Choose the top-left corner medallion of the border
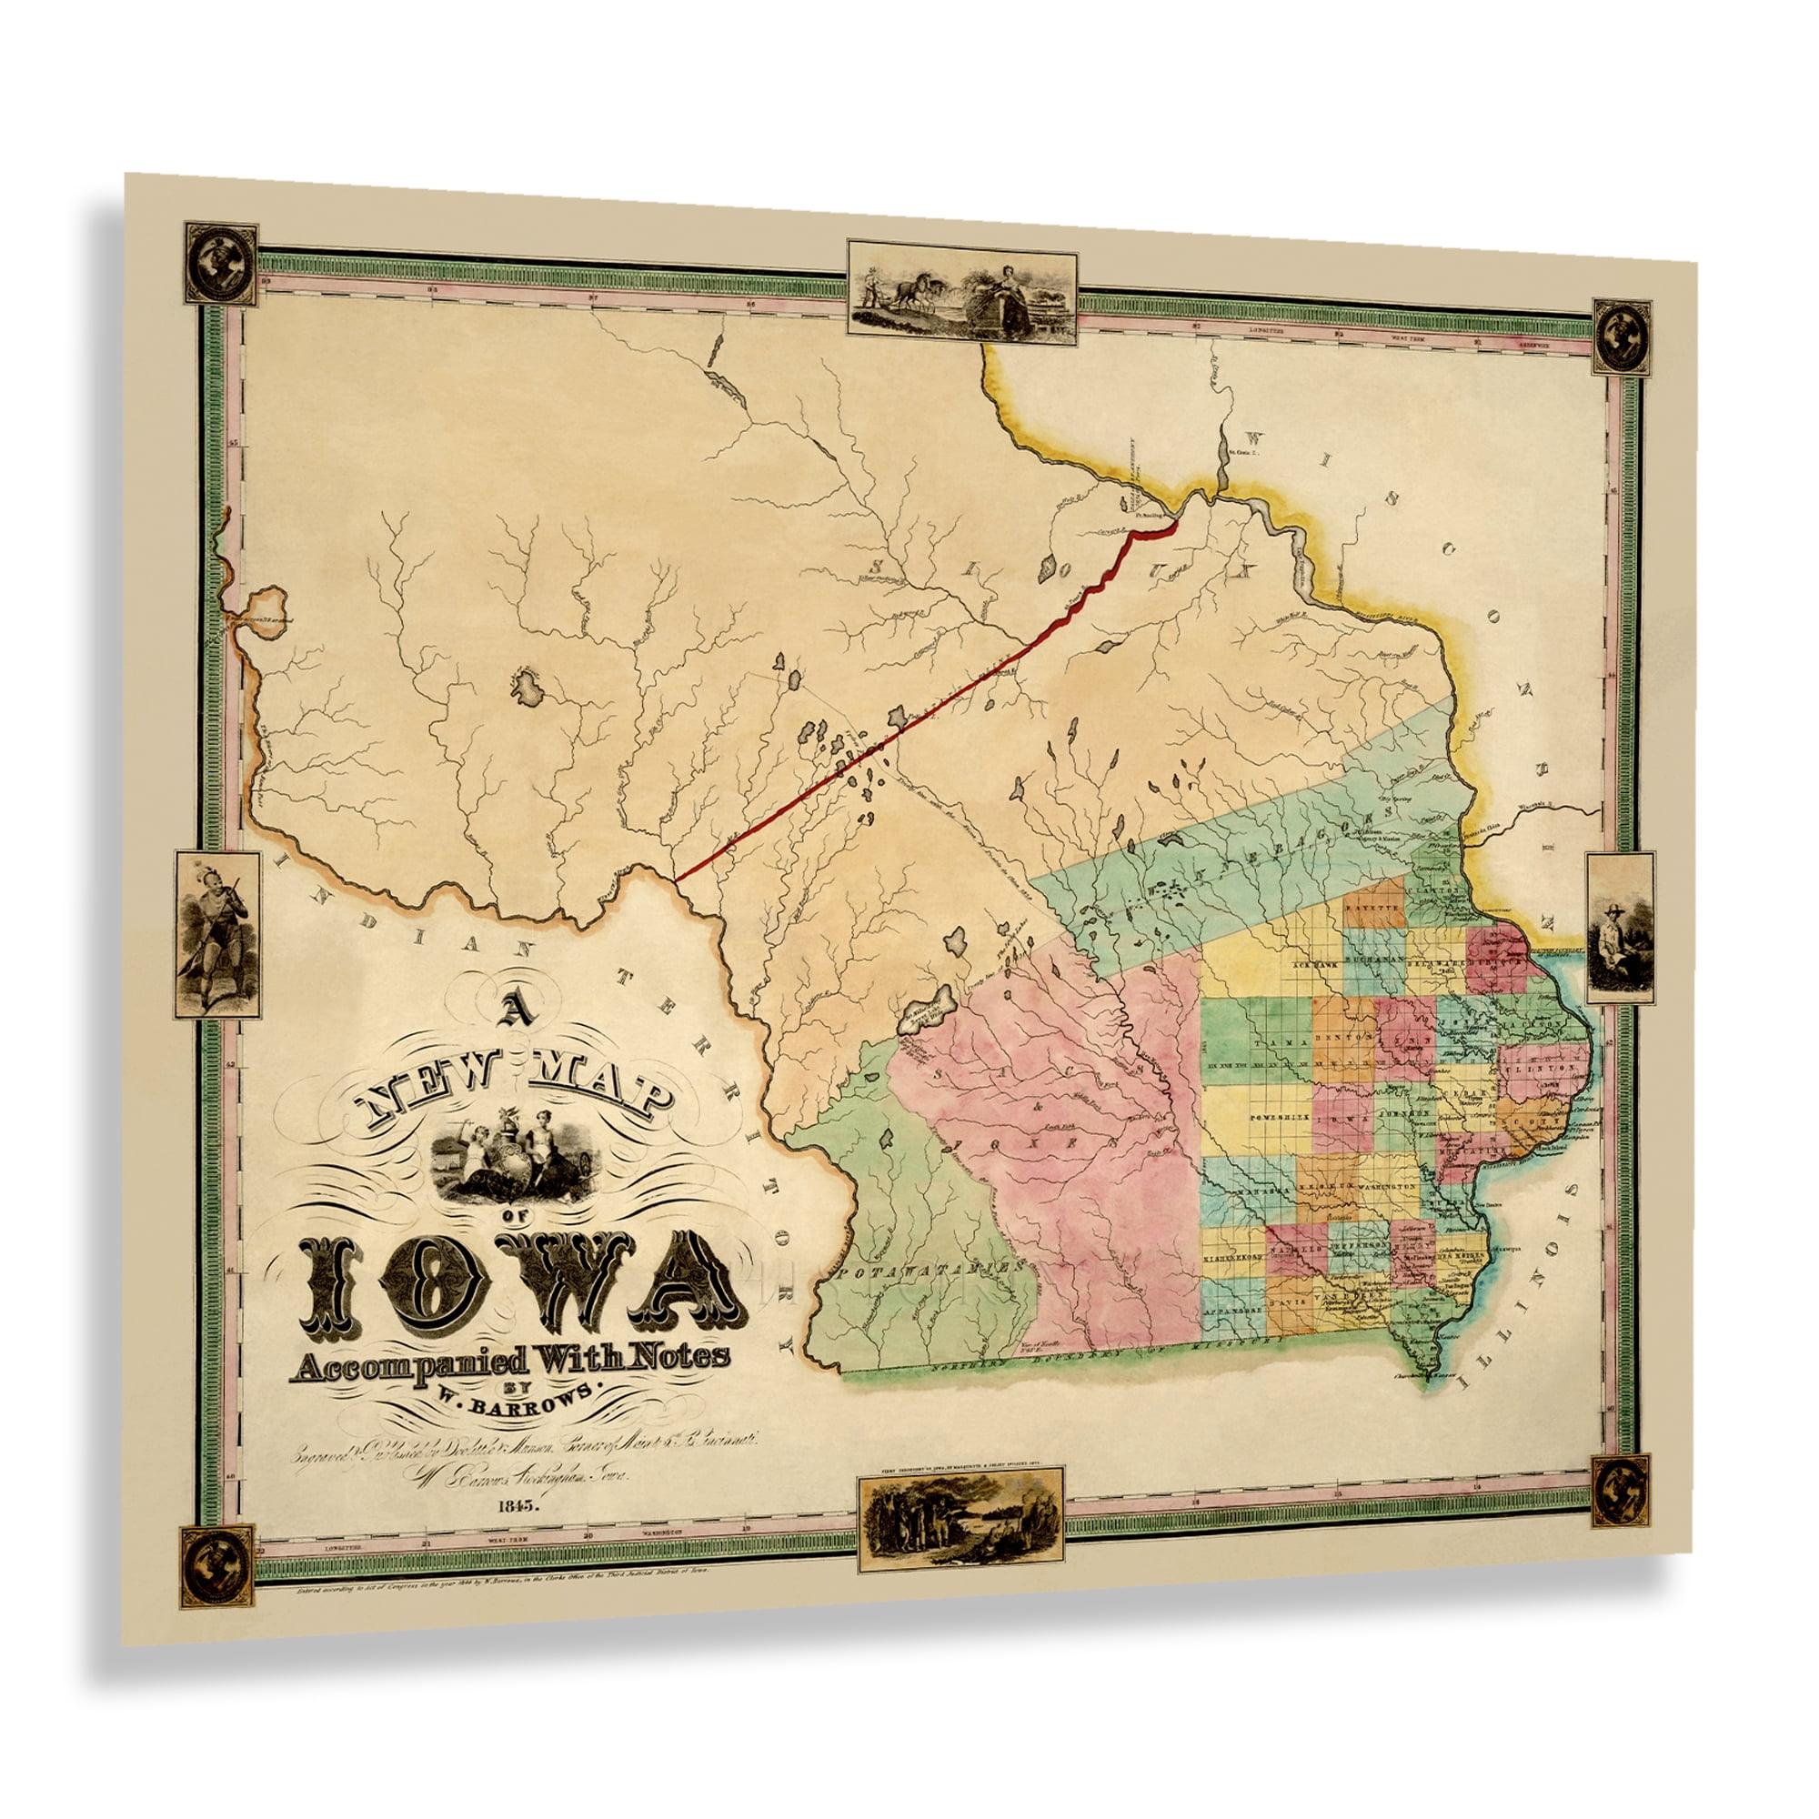[220, 264]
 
